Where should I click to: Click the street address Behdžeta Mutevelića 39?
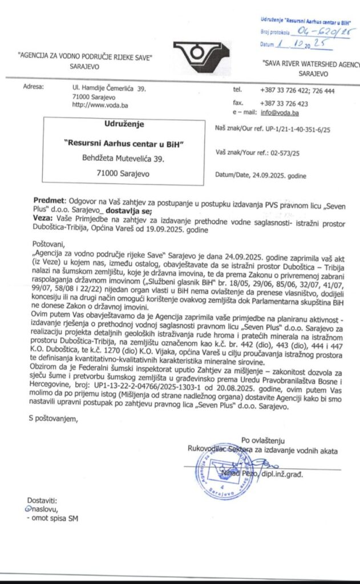123,157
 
